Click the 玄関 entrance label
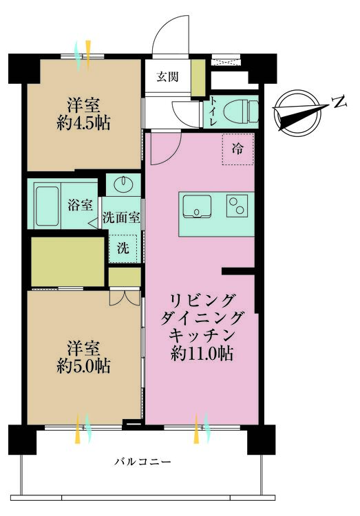click(x=167, y=76)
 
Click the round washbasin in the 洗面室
click(x=126, y=184)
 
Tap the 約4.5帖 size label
click(x=83, y=124)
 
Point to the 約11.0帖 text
click(x=202, y=354)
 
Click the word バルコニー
click(x=142, y=462)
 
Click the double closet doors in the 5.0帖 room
click(x=125, y=298)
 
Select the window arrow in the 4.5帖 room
click(x=87, y=56)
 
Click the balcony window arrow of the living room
click(x=200, y=428)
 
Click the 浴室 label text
click(x=80, y=204)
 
